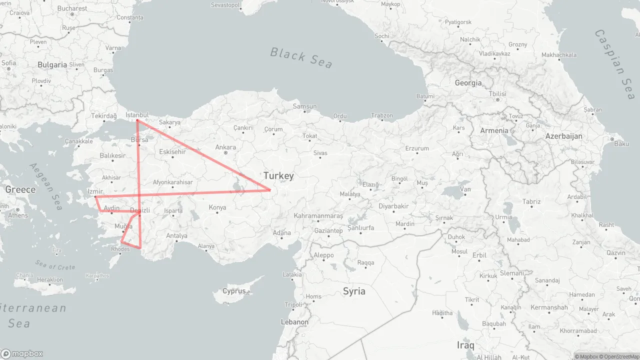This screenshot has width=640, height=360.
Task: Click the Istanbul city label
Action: click(137, 115)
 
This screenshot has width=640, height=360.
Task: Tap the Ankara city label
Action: click(225, 147)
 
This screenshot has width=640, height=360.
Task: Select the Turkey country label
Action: click(278, 175)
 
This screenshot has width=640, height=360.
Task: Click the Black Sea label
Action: click(301, 57)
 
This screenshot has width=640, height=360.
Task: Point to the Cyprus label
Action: click(234, 291)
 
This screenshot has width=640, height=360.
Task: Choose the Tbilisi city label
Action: click(497, 94)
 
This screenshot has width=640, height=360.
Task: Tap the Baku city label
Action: click(621, 143)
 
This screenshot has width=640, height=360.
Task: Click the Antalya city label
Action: click(176, 235)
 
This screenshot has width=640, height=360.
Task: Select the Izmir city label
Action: click(95, 191)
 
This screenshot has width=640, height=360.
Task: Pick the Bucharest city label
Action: click(72, 8)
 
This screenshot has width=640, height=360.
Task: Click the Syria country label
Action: click(354, 291)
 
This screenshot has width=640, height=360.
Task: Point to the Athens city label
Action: click(18, 215)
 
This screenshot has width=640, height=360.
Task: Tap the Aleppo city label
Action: click(323, 255)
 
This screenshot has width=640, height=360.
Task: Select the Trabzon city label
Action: click(382, 115)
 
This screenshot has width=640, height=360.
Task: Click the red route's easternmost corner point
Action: click(270, 190)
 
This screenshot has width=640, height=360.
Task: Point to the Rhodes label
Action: click(120, 249)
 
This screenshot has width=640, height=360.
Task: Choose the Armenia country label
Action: click(494, 130)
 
